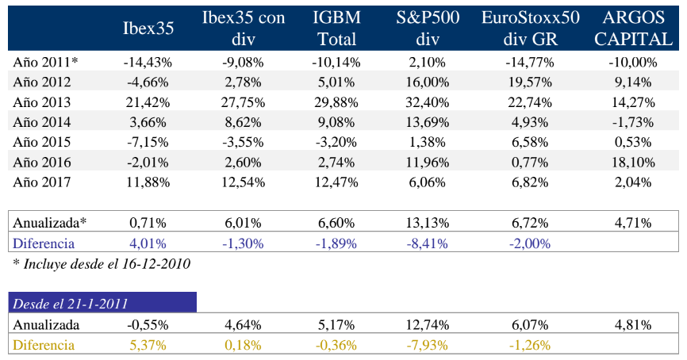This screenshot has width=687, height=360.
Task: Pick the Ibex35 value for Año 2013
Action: pos(148,102)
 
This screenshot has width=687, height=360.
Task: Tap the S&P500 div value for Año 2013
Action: pos(428,102)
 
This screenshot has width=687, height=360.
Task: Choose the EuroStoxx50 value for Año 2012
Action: pos(529,82)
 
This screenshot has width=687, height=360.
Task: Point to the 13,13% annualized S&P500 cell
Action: pos(428,223)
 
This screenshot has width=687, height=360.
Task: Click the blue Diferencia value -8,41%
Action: pos(428,243)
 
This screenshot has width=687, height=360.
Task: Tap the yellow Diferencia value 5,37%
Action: pos(148,345)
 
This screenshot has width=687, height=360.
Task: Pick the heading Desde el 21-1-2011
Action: pos(71,303)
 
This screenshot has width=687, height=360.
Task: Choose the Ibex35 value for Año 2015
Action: pos(148,142)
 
